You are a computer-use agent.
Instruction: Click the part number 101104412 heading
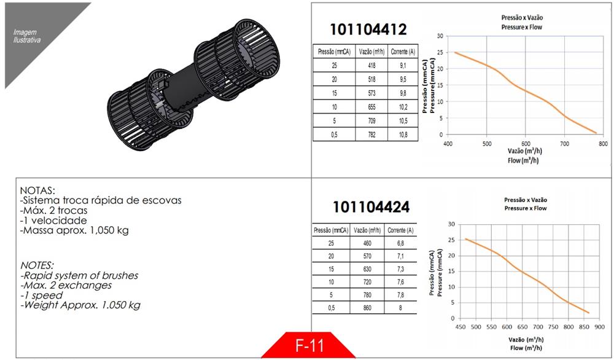coord(368,29)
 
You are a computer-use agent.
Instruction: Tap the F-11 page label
coord(309,345)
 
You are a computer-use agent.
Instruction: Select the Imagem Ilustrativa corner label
coord(27,36)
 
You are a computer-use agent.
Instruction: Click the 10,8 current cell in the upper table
coord(403,134)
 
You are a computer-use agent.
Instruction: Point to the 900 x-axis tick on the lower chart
coord(599,327)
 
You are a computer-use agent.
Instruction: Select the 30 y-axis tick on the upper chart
coord(440,36)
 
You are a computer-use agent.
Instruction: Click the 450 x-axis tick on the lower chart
coord(460,327)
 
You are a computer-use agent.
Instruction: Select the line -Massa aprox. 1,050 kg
coord(74,230)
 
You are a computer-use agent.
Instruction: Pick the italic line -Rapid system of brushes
coord(79,275)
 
